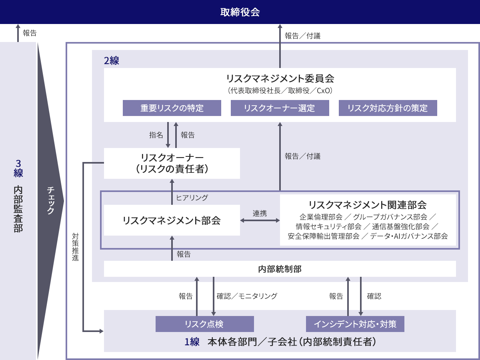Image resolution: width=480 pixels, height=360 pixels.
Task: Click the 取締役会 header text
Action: [x=240, y=12]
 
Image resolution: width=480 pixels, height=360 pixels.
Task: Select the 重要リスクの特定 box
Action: [x=172, y=108]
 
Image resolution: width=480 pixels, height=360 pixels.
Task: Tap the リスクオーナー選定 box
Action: [x=280, y=108]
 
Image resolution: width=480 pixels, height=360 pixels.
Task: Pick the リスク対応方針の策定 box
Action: [x=388, y=108]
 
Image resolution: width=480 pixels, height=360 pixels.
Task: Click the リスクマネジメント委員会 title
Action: [x=280, y=78]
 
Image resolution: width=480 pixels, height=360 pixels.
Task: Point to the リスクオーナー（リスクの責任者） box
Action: [x=172, y=163]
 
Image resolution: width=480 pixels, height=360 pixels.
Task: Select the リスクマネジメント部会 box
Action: [x=172, y=220]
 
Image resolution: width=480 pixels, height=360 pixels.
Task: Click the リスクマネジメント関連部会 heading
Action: [x=368, y=205]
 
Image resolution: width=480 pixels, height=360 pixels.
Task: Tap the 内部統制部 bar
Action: [x=280, y=269]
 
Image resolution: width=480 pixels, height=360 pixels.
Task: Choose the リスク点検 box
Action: [x=204, y=324]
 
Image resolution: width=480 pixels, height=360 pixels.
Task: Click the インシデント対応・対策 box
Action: [x=355, y=324]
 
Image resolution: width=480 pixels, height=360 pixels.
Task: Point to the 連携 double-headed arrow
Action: [x=260, y=220]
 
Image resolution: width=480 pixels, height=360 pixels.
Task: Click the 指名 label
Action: [x=156, y=135]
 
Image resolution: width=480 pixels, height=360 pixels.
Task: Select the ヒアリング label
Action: [x=192, y=198]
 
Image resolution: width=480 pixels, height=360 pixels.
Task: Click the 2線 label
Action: [x=112, y=61]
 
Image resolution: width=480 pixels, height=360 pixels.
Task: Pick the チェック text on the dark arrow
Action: [x=50, y=200]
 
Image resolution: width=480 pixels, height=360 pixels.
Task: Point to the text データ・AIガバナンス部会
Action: [x=409, y=236]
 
